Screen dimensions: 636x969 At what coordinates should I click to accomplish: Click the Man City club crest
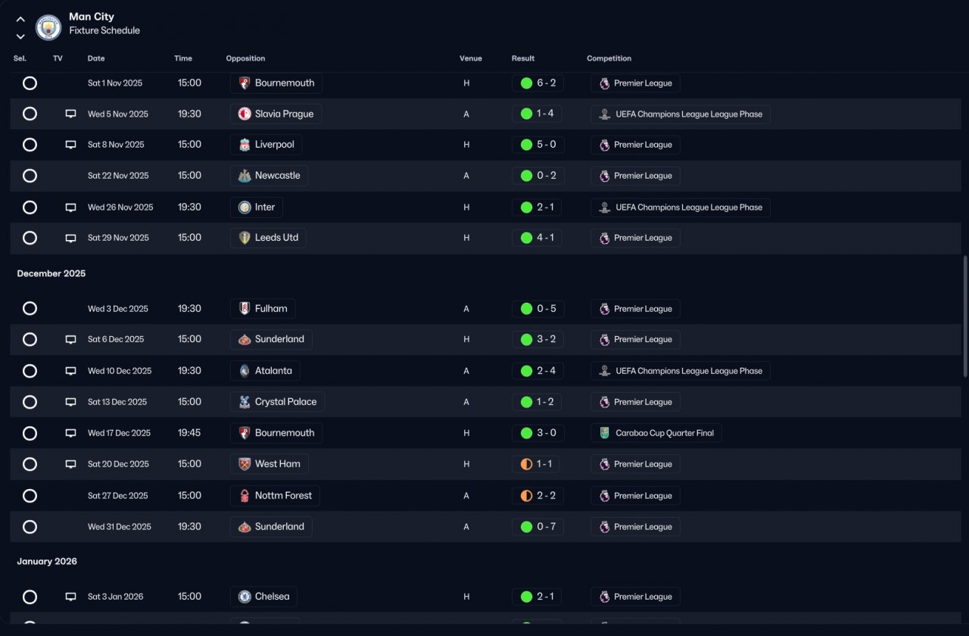point(48,28)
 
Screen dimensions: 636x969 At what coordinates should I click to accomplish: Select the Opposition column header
point(245,58)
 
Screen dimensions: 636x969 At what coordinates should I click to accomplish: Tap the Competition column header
point(609,58)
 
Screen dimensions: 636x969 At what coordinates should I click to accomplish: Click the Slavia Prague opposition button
point(276,114)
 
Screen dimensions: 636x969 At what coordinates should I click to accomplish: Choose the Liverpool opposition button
point(266,145)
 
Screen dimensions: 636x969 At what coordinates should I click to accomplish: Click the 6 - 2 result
point(537,83)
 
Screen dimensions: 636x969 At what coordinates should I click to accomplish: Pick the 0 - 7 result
point(537,526)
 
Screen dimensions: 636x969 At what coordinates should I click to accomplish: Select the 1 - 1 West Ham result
point(537,464)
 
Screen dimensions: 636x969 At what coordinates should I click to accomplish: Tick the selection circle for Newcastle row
point(30,176)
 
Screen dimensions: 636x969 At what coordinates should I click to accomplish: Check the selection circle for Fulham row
point(30,308)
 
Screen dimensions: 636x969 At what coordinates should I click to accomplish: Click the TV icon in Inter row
point(70,207)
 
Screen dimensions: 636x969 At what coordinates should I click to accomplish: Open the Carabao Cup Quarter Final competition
point(656,433)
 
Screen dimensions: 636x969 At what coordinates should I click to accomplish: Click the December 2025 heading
point(51,273)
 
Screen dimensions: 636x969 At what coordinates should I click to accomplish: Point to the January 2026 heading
point(47,561)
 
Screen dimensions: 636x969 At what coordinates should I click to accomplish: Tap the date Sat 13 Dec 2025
point(117,402)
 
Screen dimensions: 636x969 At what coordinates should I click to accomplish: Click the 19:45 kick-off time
point(189,433)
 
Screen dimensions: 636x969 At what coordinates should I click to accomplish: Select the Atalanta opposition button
point(265,371)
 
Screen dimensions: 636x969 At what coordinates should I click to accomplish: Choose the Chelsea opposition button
point(263,597)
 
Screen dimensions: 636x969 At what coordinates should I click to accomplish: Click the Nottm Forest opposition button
point(275,496)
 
